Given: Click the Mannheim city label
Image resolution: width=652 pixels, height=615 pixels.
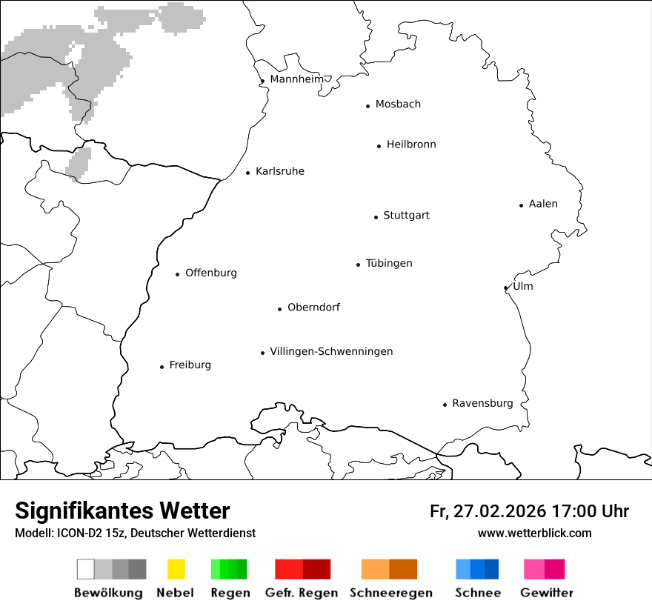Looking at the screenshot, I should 296,79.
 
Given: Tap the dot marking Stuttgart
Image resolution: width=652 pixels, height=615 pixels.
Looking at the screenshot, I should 376,217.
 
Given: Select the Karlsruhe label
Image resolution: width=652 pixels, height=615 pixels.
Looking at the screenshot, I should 279,171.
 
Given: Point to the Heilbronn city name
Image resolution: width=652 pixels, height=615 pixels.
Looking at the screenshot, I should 411,144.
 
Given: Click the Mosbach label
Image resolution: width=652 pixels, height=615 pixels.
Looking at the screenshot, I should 398,104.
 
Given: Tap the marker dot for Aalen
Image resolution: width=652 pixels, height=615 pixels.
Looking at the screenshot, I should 521,205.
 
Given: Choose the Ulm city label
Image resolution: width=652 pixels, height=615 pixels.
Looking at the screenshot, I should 523,286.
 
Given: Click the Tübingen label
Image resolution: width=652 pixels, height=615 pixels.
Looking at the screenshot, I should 389,263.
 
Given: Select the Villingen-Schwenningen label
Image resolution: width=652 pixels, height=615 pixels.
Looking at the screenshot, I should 331,351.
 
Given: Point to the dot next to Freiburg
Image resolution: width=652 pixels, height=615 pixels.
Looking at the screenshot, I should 162,367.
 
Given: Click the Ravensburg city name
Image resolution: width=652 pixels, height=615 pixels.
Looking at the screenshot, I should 482,403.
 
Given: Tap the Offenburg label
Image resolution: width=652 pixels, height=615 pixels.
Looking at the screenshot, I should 211,273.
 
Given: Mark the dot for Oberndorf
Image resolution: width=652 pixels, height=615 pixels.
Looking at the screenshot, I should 279,309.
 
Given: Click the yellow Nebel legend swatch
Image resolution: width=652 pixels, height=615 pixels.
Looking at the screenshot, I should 176,569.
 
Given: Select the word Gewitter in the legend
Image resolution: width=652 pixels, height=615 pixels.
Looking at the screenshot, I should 547,593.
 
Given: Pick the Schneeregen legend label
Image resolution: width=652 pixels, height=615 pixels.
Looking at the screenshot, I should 391,593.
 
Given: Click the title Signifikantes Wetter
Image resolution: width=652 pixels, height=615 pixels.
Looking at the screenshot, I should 122,511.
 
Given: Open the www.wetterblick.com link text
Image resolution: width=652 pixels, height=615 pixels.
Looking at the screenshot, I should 534,533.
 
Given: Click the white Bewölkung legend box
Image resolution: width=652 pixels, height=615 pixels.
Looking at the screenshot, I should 85,569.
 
